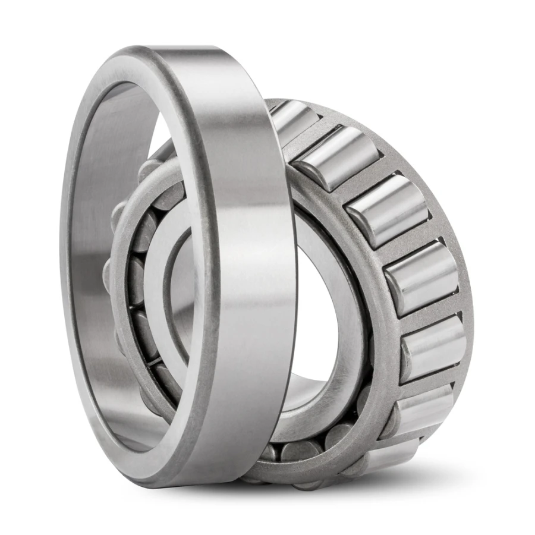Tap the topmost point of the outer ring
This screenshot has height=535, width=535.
coord(178,48)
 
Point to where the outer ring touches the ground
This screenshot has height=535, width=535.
coord(196,484)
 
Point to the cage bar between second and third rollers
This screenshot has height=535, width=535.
coord(360,181)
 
